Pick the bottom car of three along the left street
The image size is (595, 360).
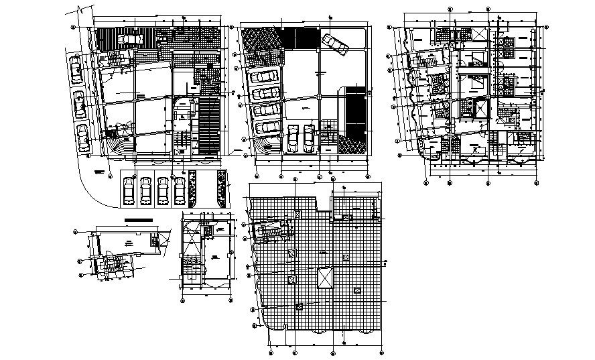click(x=82, y=137)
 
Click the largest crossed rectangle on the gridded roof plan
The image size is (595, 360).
click(x=325, y=276)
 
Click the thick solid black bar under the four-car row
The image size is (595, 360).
click(x=139, y=219)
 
